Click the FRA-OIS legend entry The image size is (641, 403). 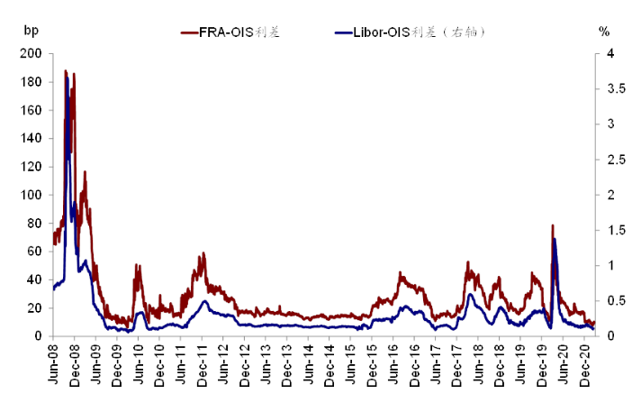230,32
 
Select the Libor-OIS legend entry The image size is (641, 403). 410,32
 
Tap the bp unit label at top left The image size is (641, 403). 32,31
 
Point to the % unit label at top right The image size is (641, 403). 604,32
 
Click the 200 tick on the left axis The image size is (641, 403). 32,53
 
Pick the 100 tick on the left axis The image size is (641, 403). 32,195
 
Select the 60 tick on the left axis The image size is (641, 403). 34,251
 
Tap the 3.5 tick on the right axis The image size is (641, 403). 617,88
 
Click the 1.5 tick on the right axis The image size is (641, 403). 617,230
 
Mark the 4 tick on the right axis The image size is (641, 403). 610,53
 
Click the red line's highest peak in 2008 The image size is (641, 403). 66,70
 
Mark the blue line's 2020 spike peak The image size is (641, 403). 555,239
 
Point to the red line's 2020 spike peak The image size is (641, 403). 553,224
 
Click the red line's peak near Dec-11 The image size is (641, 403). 203,252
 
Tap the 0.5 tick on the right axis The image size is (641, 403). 617,300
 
